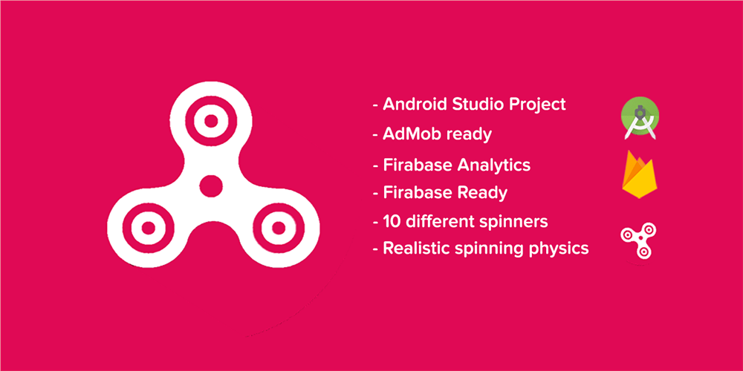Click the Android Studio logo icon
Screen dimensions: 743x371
(640, 118)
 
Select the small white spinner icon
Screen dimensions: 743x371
(637, 241)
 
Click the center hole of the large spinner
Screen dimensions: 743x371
(211, 186)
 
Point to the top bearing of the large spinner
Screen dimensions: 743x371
(211, 121)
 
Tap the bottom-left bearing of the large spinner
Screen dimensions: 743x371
(149, 228)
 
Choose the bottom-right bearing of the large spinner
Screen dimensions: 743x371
(279, 228)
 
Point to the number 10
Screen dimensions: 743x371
(392, 221)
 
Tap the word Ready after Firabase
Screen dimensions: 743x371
(482, 194)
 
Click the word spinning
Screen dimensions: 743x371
(487, 249)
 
